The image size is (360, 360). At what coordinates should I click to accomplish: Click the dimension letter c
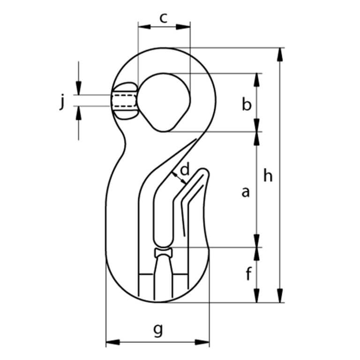coord(163,18)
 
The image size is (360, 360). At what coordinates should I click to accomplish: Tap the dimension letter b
coord(247,104)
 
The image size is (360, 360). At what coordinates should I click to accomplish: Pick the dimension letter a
coord(245,191)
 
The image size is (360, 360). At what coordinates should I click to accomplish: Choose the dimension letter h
coord(268,175)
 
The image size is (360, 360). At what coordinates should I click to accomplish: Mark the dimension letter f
coord(248,275)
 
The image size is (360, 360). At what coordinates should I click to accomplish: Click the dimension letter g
coord(158,330)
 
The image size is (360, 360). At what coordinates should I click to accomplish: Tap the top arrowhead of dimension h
coord(280,54)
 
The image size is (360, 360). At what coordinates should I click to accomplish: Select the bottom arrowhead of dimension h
coord(280,296)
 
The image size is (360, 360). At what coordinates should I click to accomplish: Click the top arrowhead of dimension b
coord(257,79)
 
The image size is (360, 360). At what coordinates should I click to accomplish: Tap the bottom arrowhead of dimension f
coord(257,296)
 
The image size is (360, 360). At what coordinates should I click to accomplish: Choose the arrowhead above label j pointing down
coord(79,88)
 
